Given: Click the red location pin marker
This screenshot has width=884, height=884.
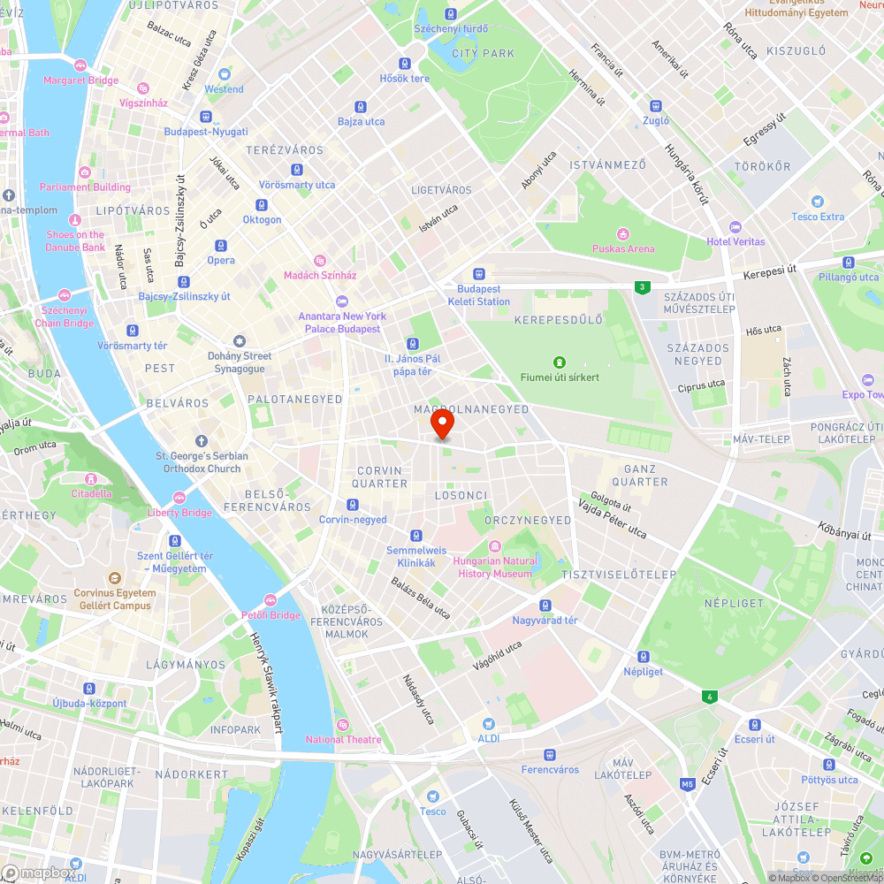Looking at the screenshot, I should (x=442, y=423).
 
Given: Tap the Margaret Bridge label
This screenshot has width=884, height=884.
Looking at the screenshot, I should (x=80, y=80).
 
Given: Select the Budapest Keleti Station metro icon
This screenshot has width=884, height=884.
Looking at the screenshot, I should (x=479, y=274).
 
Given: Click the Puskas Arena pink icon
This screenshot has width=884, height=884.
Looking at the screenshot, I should (x=623, y=234).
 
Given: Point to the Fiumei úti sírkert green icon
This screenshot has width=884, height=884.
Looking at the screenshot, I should (x=559, y=362).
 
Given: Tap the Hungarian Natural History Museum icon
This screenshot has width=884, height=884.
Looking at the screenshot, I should (x=495, y=545).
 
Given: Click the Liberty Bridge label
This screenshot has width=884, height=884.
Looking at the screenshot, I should (x=179, y=513).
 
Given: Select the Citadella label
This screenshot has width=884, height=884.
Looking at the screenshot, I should (x=92, y=493).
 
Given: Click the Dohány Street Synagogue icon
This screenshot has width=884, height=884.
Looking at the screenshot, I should (x=239, y=341).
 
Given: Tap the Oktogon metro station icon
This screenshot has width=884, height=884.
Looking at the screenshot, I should (x=262, y=205).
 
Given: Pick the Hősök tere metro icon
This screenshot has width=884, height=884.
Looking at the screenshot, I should (x=404, y=64).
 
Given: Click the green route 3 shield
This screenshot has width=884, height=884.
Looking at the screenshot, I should (x=641, y=287).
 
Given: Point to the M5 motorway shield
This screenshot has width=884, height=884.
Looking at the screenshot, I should (x=688, y=784).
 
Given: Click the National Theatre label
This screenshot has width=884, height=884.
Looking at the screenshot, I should (x=344, y=740).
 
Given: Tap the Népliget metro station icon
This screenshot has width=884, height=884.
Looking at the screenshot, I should (x=643, y=657).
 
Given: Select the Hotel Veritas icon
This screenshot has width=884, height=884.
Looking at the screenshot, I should (x=735, y=227).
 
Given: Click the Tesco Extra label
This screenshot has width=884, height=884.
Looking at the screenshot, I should (x=818, y=217).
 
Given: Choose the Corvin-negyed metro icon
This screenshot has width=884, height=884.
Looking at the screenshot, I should (x=353, y=505).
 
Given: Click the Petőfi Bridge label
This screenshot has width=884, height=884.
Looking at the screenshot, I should (x=271, y=615).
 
